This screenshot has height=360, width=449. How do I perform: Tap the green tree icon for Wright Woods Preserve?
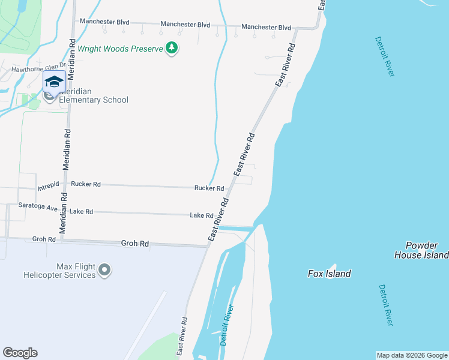[172, 47]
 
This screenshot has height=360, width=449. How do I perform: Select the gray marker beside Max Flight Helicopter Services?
[105, 271]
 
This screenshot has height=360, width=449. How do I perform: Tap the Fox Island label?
[329, 274]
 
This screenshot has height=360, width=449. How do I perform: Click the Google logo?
[20, 353]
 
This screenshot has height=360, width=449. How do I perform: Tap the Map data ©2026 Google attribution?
[412, 355]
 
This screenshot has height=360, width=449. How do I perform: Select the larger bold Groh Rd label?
[134, 244]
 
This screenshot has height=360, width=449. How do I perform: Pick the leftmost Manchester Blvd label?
[105, 22]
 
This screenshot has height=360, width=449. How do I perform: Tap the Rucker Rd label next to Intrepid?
[85, 184]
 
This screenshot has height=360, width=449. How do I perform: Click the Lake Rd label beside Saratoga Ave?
[81, 212]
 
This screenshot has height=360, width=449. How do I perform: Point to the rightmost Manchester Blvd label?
[266, 28]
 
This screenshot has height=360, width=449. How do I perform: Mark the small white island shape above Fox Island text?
[332, 266]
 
